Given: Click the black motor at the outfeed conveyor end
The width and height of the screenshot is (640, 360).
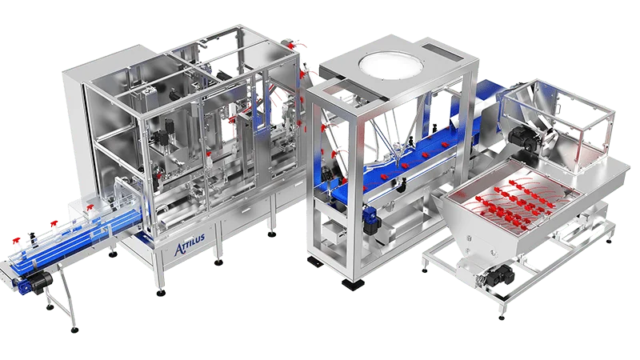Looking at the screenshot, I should pyautogui.click(x=38, y=280).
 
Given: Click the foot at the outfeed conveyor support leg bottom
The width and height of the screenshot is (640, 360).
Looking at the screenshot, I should pyautogui.click(x=74, y=329).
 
